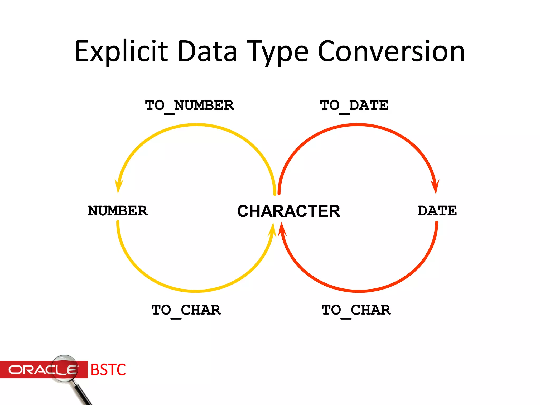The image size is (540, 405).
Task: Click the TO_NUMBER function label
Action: tap(189, 105)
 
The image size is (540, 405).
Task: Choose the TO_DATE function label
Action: tap(354, 105)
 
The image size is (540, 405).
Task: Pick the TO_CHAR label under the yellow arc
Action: tap(186, 310)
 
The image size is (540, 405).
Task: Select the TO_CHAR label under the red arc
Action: tap(356, 310)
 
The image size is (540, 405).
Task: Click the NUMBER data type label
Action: tap(118, 211)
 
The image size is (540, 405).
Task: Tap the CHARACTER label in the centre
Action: tap(289, 211)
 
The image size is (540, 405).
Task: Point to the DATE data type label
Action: tap(437, 211)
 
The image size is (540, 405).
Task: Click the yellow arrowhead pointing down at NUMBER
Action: tap(118, 186)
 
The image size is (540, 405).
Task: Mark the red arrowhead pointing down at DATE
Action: tap(435, 187)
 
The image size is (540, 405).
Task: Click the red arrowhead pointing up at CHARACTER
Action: tap(282, 229)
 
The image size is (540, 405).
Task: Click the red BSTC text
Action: tap(108, 370)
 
